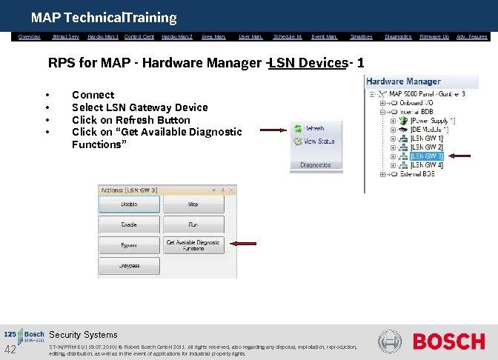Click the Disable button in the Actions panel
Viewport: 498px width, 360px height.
click(x=129, y=204)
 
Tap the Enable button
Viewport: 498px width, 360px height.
click(x=129, y=224)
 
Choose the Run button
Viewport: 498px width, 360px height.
click(x=193, y=224)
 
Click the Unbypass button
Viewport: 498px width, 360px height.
click(x=129, y=265)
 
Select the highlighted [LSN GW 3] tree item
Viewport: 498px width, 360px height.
click(x=426, y=156)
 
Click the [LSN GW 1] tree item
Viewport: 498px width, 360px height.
click(x=426, y=138)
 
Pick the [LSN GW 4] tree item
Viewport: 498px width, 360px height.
click(x=426, y=164)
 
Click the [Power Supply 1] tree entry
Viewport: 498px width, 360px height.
click(x=433, y=120)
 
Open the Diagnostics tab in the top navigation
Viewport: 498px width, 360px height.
click(x=399, y=36)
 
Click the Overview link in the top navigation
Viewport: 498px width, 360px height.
click(x=30, y=36)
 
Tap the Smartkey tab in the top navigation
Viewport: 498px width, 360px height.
click(x=361, y=36)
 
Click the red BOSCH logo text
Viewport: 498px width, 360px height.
click(x=448, y=341)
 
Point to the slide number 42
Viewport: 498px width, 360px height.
click(x=10, y=350)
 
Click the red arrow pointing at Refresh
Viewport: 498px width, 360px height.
click(x=275, y=129)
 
